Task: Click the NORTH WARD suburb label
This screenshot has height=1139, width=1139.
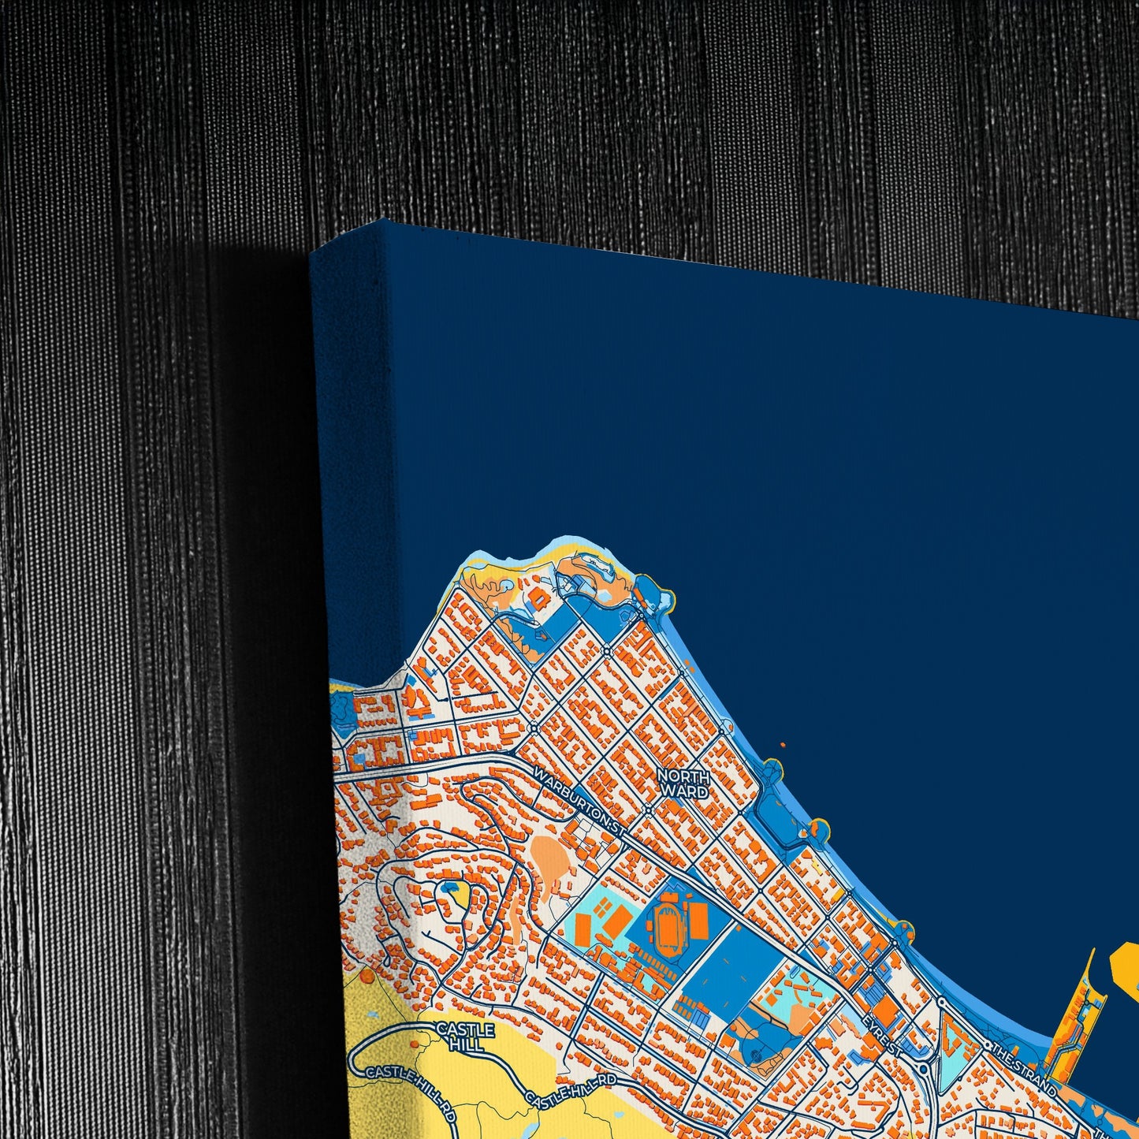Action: (683, 784)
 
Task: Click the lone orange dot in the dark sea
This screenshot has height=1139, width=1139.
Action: (782, 744)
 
